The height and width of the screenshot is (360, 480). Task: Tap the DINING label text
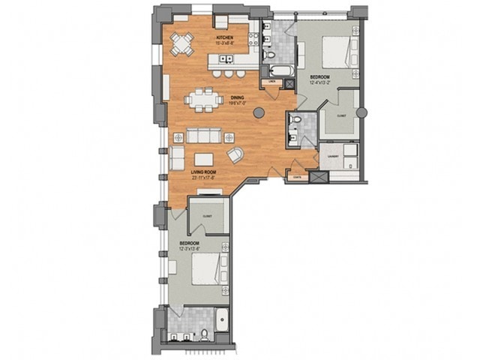coord(237,96)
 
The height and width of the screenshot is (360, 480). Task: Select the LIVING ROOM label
coord(203,172)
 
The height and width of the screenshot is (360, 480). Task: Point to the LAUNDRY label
coord(331,156)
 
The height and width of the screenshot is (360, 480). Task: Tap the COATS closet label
coord(298,178)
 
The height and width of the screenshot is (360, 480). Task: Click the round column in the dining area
coord(259,112)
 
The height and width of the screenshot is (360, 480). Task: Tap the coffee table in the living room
coord(203,159)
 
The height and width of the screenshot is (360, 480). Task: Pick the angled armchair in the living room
coord(235,155)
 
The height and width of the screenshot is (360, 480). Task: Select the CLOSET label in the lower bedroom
coord(206,216)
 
